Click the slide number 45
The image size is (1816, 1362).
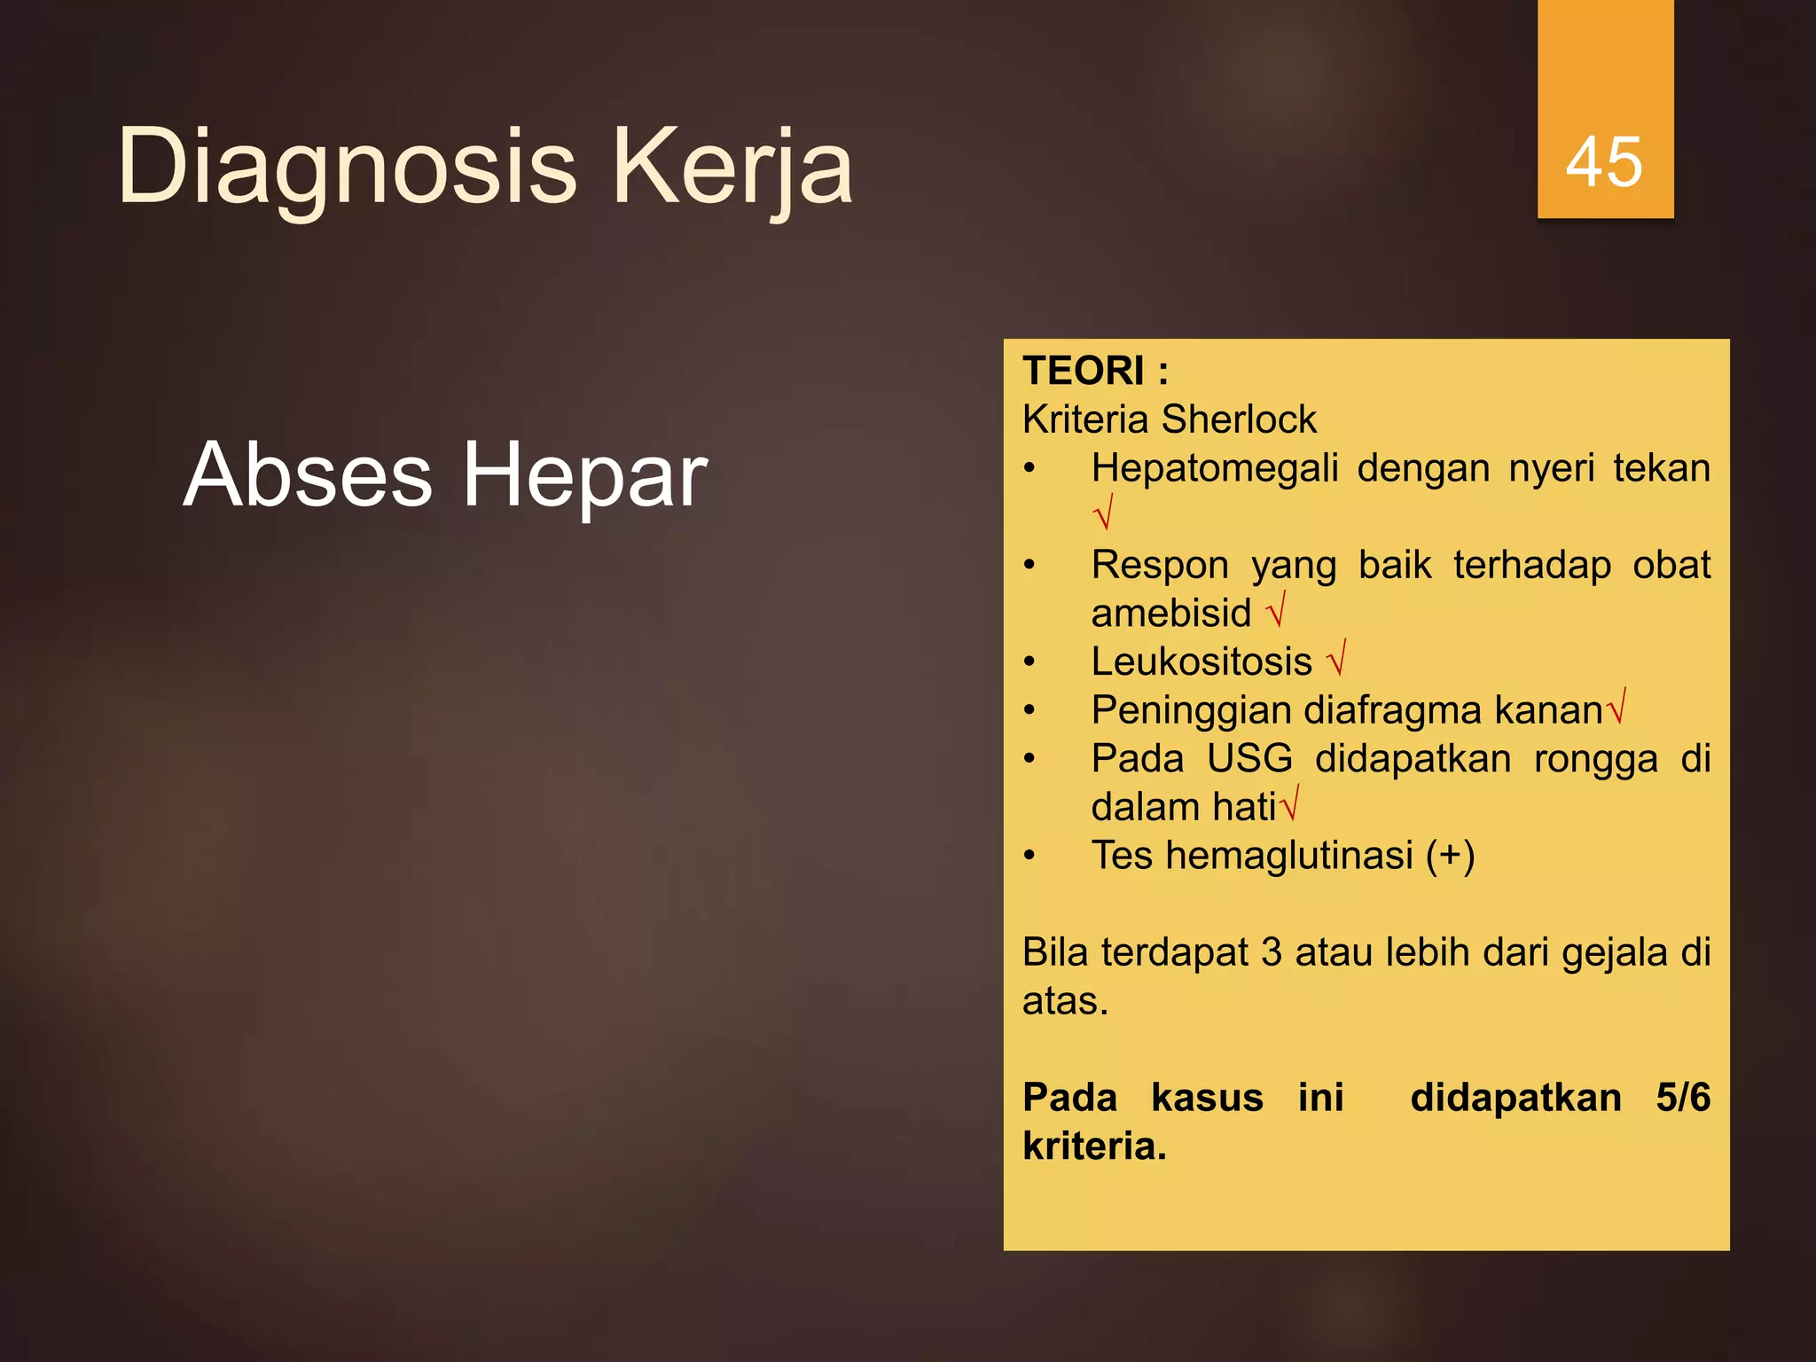(1604, 162)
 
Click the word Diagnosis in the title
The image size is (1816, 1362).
(347, 167)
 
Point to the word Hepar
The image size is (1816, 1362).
(584, 477)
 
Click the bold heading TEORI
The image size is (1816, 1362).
(1084, 371)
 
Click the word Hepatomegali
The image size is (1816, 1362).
(1214, 468)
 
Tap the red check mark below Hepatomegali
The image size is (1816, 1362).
(1103, 513)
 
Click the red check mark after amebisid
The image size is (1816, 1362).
(1276, 610)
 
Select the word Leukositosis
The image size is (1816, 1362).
(1201, 661)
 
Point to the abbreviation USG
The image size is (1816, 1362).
(1248, 759)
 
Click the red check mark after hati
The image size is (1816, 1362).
(1290, 803)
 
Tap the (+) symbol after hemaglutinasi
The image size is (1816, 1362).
(1450, 856)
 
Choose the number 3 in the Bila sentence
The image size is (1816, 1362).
(1271, 952)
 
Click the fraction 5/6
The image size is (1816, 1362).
(1682, 1098)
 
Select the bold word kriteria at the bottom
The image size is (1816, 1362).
(1093, 1147)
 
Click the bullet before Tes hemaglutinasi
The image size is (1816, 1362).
(1029, 856)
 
